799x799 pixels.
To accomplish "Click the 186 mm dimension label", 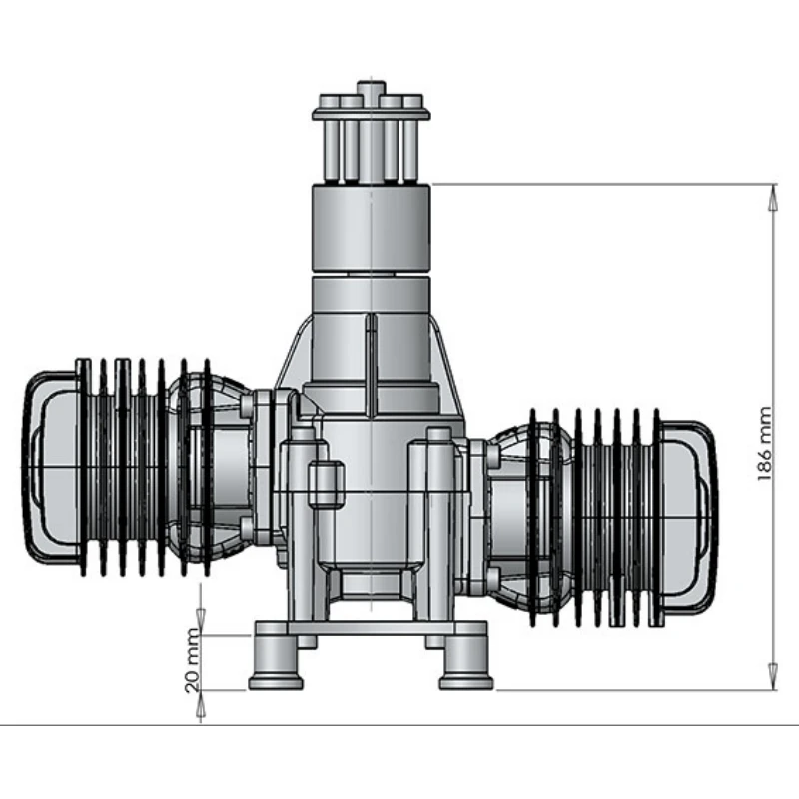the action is (764, 443).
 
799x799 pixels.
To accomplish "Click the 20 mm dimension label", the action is (193, 660).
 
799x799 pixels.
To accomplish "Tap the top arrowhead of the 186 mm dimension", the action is (773, 197).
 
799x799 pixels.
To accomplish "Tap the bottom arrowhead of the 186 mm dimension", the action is (773, 677).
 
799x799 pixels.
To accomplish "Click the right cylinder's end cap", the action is (688, 516).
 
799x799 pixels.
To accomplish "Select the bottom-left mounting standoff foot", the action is (276, 662).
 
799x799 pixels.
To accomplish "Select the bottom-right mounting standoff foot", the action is (466, 662).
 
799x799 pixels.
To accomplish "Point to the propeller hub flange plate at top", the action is (372, 114).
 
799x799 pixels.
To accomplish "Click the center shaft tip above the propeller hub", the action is (371, 88).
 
